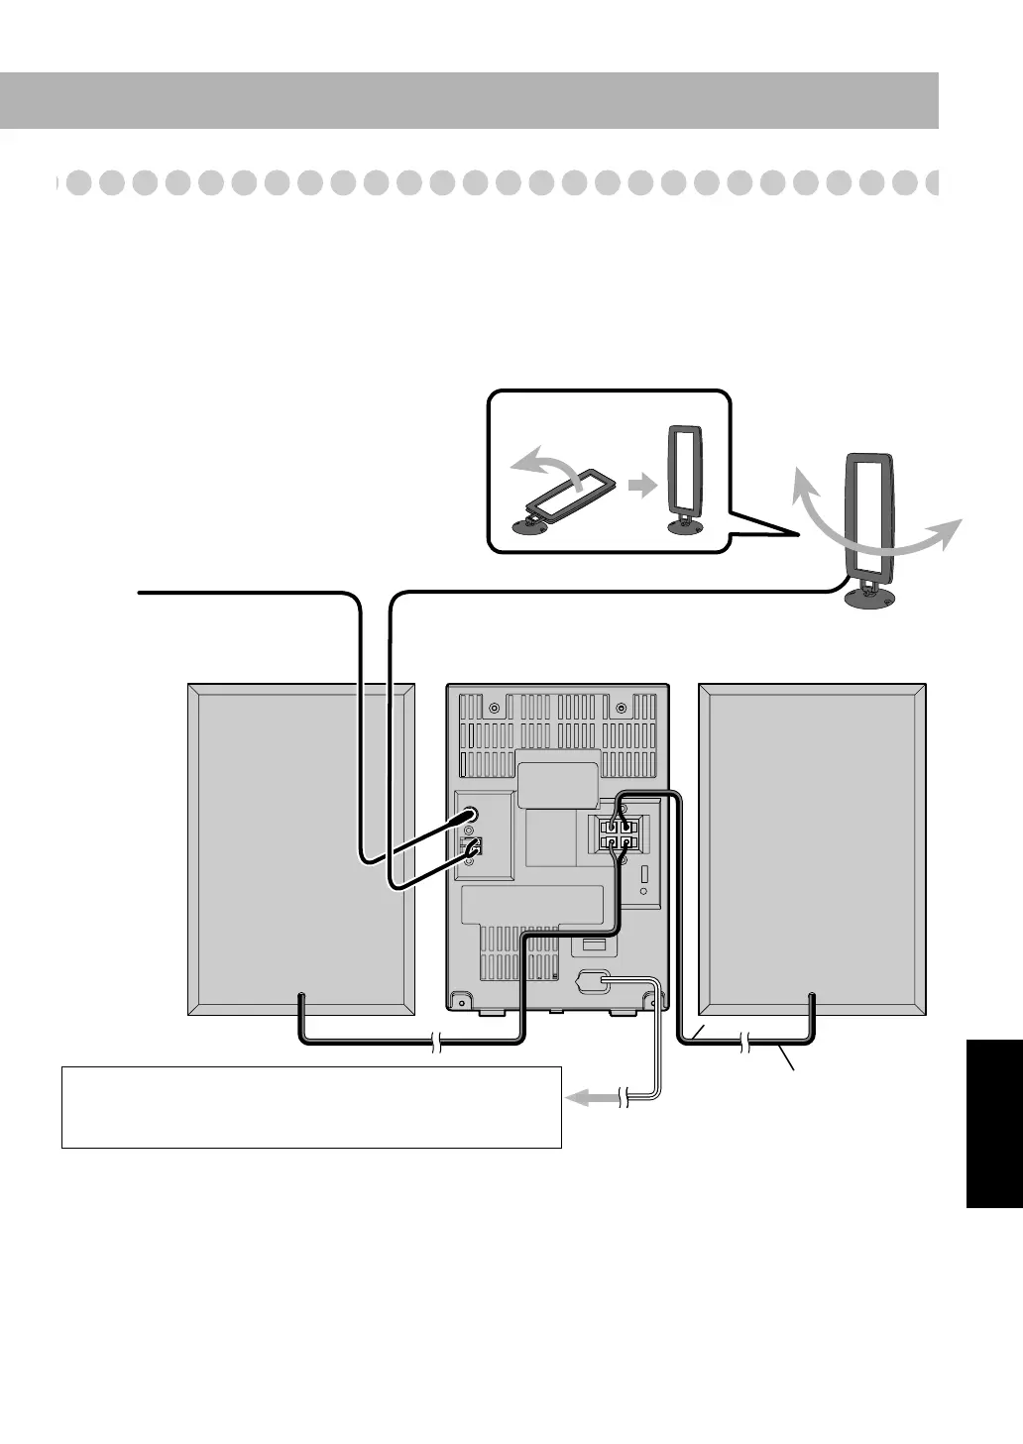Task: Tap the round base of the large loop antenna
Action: coord(868,598)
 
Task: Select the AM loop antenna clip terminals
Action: coord(473,847)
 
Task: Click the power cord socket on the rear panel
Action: coord(593,982)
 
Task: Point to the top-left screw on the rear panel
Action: coord(495,708)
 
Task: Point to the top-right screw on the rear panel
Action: coord(621,708)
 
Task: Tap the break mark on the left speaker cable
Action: coord(436,1042)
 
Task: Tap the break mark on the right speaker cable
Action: coord(745,1042)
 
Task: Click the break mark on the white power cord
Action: coord(625,1097)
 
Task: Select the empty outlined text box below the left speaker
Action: coord(311,1107)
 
